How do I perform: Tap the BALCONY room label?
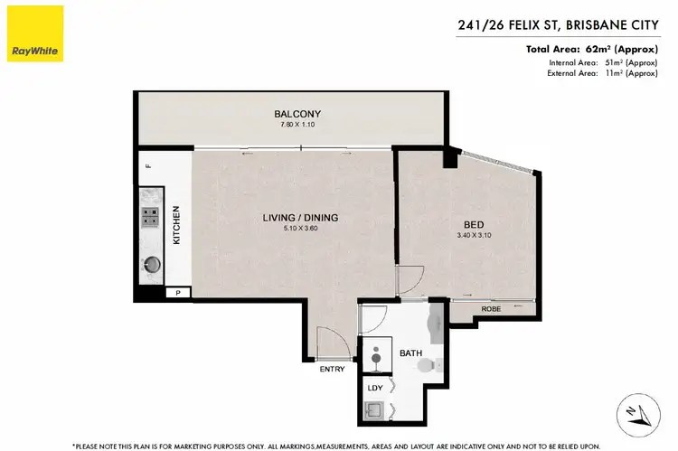tap(298, 114)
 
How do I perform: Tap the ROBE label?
tap(490, 309)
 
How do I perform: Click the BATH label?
tap(412, 353)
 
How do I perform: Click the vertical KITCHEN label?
tap(177, 226)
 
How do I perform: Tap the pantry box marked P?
tap(178, 293)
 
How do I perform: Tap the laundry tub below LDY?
tap(375, 410)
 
